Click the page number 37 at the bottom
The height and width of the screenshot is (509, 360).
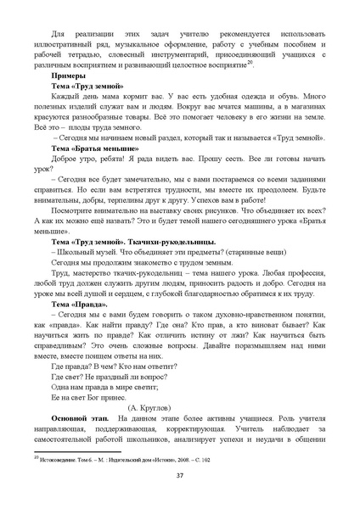click(179, 474)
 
